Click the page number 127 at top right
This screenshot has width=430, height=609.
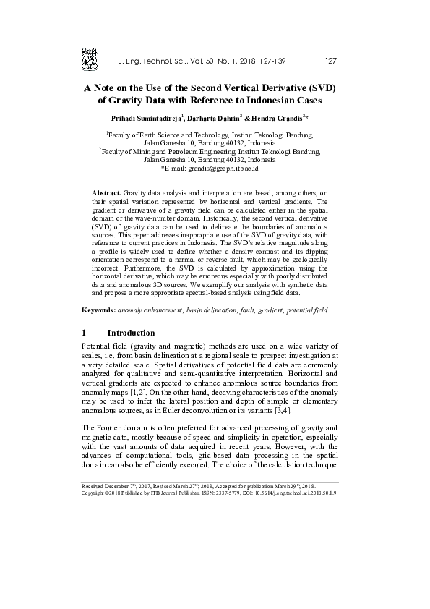coord(331,60)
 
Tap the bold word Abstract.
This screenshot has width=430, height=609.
coord(108,194)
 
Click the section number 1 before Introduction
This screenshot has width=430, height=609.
coord(85,333)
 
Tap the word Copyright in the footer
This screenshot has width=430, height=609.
coord(96,493)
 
